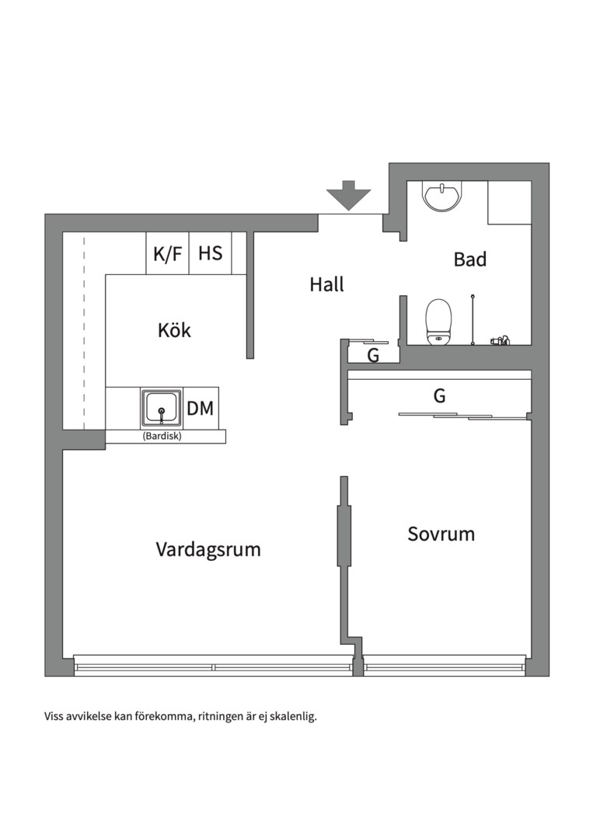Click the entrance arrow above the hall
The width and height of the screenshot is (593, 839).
coord(348,195)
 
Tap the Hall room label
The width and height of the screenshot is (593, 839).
coord(326,285)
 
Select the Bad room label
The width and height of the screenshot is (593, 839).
coord(469,259)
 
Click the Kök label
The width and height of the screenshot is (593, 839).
coord(174,330)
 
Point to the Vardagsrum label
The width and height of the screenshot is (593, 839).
coord(208,550)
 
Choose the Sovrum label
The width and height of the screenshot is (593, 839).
coord(441,534)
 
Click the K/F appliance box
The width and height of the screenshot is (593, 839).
coord(167,253)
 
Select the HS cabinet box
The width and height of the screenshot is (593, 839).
coord(210,253)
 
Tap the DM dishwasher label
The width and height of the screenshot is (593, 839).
coord(200,409)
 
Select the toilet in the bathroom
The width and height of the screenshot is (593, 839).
coord(438,321)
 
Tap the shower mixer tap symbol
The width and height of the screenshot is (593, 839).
coord(498,339)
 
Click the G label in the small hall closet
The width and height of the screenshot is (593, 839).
coord(373,357)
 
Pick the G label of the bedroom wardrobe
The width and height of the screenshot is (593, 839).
coord(439,396)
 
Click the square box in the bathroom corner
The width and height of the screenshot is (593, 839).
coord(509,203)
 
